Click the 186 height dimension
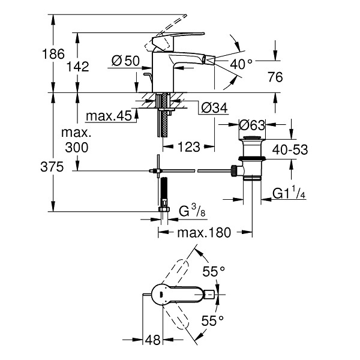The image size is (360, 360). tap(53, 54)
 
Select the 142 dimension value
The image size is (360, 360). tap(77, 67)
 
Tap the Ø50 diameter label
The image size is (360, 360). tap(125, 61)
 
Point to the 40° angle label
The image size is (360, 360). tap(241, 64)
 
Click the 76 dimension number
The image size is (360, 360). tap(275, 77)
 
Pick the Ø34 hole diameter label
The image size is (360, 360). tap(214, 107)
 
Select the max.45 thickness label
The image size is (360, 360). tap(109, 116)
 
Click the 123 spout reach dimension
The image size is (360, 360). tap(189, 147)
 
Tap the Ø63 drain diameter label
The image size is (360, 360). tap(252, 125)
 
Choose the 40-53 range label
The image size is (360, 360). tap(290, 149)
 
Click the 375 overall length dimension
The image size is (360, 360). tap(52, 167)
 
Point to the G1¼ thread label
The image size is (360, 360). tap(289, 193)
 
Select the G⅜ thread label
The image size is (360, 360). tap(192, 211)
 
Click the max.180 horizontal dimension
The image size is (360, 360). tap(204, 233)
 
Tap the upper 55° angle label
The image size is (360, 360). tap(214, 272)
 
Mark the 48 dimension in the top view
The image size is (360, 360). tap(152, 340)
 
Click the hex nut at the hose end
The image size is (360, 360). tap(164, 209)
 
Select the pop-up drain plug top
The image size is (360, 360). tap(252, 138)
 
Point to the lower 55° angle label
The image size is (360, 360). tap(212, 321)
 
